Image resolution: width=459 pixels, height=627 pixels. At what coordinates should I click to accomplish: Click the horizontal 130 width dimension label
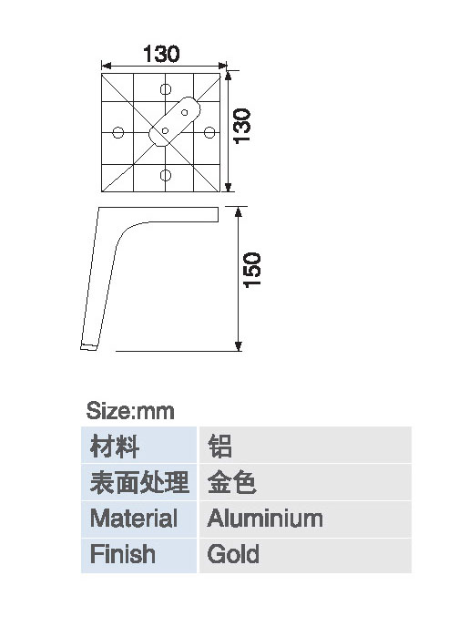(161, 54)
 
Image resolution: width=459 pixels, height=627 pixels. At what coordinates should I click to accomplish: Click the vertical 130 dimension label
(242, 126)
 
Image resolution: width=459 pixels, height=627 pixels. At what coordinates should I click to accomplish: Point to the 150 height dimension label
(252, 270)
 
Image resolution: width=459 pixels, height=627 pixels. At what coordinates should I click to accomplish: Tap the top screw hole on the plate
(166, 89)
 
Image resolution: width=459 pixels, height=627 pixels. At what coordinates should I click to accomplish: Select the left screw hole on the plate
(117, 132)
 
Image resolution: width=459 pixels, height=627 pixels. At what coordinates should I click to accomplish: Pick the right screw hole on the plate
(209, 132)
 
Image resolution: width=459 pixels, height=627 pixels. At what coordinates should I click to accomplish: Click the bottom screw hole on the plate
(166, 175)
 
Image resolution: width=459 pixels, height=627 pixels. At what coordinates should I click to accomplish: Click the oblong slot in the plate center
(175, 121)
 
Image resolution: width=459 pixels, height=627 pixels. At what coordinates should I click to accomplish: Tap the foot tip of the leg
(88, 347)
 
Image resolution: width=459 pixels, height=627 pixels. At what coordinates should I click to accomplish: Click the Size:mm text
(130, 411)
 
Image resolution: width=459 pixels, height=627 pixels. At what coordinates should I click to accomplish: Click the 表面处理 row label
(139, 482)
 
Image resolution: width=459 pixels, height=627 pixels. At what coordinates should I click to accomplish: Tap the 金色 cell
(231, 482)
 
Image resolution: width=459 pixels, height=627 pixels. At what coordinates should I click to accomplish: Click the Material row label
(134, 519)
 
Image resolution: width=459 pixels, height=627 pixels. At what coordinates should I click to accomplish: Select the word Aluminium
(265, 519)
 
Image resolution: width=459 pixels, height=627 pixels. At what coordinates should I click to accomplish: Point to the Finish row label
(123, 554)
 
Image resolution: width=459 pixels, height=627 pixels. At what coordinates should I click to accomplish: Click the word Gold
(233, 554)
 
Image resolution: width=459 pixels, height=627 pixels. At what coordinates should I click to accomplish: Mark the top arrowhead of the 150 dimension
(239, 212)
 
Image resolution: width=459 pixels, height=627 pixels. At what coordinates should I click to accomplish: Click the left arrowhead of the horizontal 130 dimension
(107, 66)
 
